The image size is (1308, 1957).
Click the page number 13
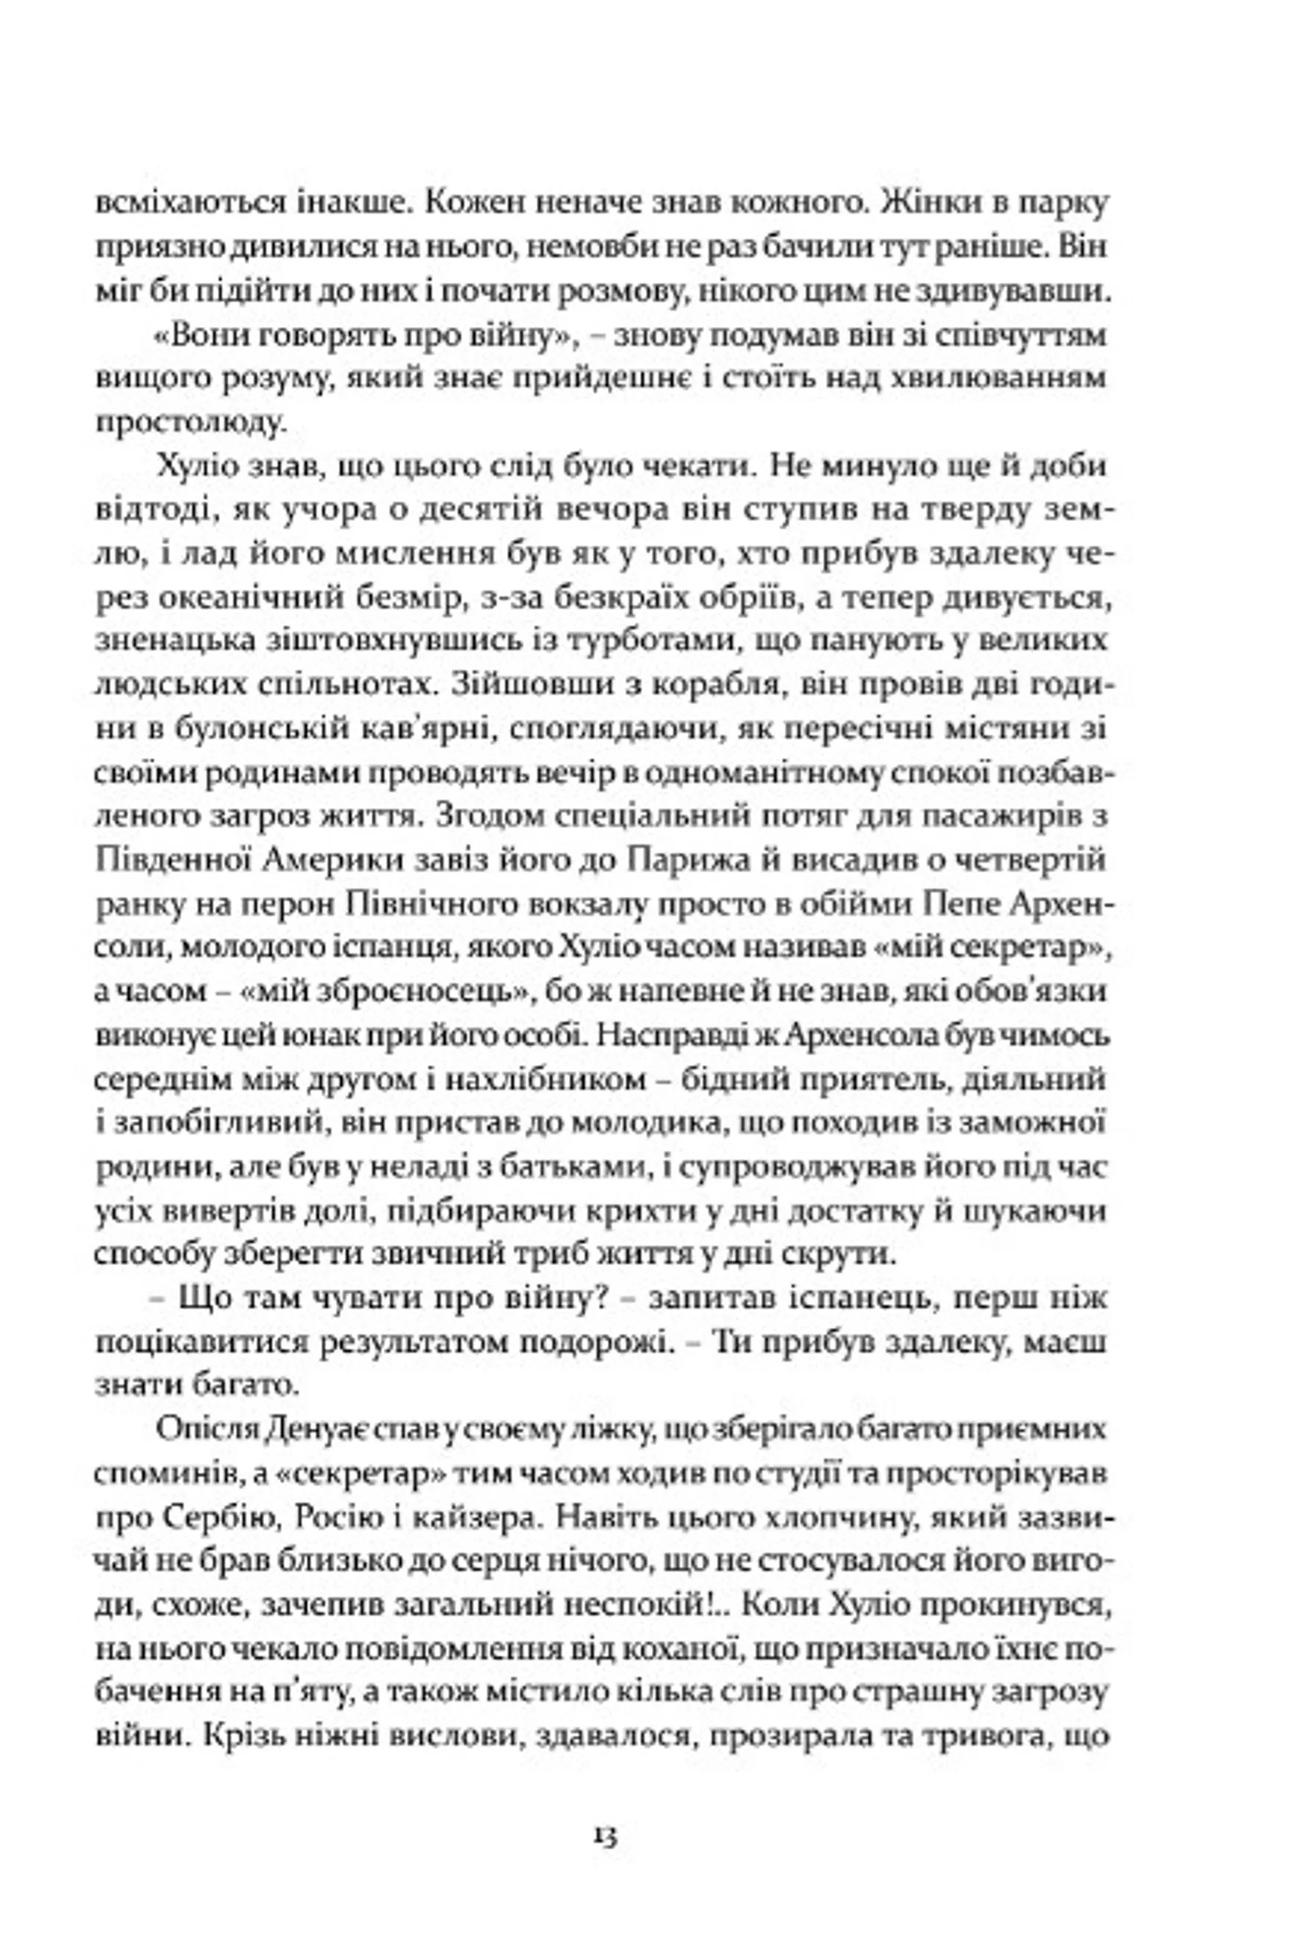click(606, 1835)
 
